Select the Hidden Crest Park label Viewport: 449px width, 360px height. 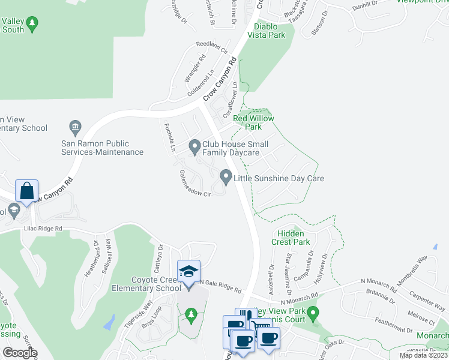[294, 238]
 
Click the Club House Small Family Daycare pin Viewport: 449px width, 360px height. [194, 146]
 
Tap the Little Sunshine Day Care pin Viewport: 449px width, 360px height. [226, 177]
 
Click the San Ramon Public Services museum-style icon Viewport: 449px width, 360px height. [75, 127]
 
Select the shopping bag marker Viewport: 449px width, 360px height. [27, 191]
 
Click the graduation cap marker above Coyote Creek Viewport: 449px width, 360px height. [188, 271]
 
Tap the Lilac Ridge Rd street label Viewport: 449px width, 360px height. [43, 229]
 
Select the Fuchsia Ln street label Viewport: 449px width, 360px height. [170, 137]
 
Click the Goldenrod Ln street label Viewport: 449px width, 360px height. [200, 84]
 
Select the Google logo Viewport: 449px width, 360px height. [20, 353]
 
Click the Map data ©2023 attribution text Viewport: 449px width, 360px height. [423, 355]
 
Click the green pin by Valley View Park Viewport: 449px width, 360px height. [313, 313]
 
